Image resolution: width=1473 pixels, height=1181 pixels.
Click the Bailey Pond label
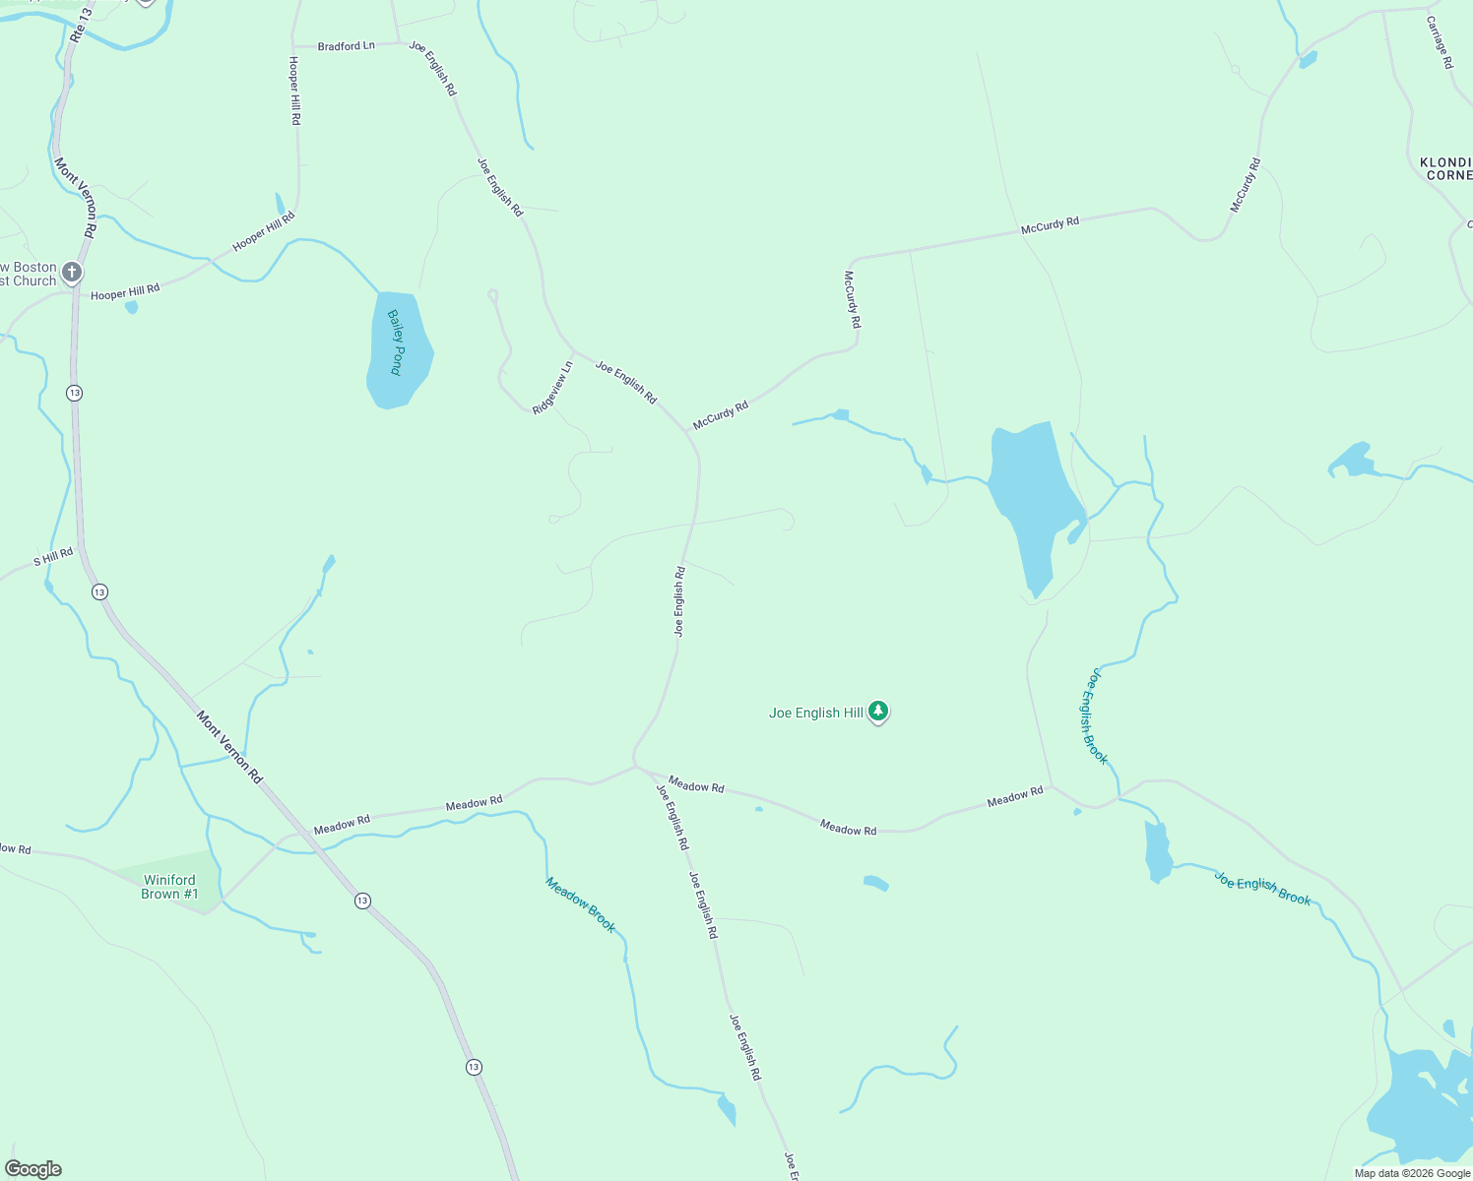[x=396, y=342]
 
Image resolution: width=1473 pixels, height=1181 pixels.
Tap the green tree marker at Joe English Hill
[x=878, y=712]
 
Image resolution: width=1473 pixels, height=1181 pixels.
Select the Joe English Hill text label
[x=815, y=714]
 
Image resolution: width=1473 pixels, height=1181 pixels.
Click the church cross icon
[x=71, y=272]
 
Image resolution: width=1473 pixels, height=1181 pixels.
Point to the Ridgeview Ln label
[x=552, y=389]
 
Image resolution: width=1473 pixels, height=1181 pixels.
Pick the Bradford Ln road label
[x=346, y=46]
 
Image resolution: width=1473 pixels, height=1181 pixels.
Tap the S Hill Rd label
[x=53, y=557]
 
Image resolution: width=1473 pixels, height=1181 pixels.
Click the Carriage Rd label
[x=1440, y=41]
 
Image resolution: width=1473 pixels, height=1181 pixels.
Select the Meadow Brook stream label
[x=581, y=905]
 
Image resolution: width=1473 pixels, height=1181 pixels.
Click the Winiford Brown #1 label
[x=169, y=887]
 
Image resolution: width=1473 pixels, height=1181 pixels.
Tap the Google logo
[x=33, y=1169]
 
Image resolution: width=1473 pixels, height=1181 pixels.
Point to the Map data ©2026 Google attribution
[x=1412, y=1173]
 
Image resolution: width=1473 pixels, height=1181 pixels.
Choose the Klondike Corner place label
[x=1445, y=168]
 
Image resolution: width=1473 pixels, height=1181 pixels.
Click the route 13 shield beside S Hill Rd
[x=99, y=591]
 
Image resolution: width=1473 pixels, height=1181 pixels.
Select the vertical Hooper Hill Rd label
[x=294, y=90]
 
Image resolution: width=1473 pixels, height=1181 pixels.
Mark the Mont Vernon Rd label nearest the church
[x=76, y=197]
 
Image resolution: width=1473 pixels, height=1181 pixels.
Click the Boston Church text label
[x=30, y=274]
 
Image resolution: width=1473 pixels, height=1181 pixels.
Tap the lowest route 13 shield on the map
[x=474, y=1067]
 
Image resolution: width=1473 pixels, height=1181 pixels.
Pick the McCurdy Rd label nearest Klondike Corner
[x=1245, y=185]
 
